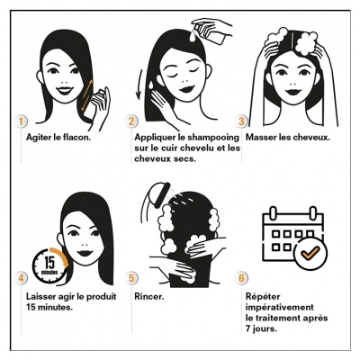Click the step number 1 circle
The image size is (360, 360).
[x=21, y=121]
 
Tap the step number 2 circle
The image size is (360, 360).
[x=131, y=121]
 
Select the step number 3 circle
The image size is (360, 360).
[x=241, y=121]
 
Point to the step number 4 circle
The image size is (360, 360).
[x=21, y=278]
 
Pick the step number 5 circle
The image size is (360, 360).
[x=131, y=278]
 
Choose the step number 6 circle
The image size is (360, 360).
[x=241, y=278]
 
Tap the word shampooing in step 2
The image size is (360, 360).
[x=212, y=138]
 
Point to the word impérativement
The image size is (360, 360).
[x=280, y=308]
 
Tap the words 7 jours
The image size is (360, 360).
[x=261, y=328]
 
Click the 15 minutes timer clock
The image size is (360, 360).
[x=49, y=265]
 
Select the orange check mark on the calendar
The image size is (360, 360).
[x=310, y=253]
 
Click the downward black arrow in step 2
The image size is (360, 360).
[x=139, y=85]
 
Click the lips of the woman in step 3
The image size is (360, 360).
[x=293, y=91]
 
